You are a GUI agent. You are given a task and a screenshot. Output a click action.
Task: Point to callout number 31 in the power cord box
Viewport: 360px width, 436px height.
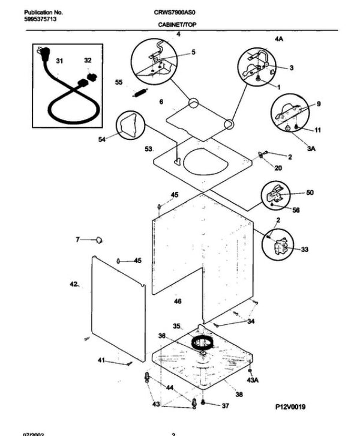[59, 61]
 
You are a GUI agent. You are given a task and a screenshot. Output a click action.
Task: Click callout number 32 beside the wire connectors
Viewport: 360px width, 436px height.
[88, 60]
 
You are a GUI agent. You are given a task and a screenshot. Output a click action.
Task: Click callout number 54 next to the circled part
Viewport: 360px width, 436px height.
[102, 140]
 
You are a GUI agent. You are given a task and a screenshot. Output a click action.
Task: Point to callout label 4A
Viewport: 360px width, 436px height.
[278, 38]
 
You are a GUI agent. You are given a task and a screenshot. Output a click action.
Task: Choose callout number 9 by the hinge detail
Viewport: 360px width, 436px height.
[319, 103]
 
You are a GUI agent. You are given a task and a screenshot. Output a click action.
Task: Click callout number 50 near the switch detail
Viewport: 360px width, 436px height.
[310, 193]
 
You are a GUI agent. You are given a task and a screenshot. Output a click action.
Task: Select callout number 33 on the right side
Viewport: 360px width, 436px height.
[305, 249]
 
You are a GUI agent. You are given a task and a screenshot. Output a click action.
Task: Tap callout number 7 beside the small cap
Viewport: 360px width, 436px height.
[77, 240]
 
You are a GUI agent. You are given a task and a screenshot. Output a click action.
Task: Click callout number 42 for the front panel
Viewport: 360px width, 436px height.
[74, 283]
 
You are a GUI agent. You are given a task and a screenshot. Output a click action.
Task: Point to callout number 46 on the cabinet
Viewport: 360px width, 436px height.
[178, 301]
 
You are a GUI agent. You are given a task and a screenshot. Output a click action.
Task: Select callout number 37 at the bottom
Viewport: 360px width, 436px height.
[225, 406]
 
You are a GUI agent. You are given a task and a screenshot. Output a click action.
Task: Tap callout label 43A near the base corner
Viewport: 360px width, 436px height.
[253, 380]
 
